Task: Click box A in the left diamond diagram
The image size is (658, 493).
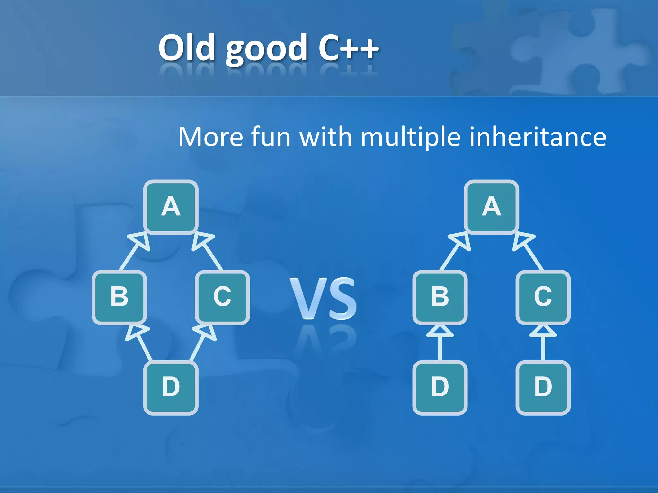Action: click(x=171, y=207)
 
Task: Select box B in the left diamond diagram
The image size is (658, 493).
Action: click(x=119, y=297)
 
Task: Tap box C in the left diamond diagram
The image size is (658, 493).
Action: click(x=222, y=297)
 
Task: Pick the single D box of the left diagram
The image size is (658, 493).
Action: click(x=171, y=387)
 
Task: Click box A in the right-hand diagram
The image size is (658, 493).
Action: click(x=491, y=207)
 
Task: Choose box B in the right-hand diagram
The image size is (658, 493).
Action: click(x=440, y=297)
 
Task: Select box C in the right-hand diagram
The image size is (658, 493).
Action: click(x=543, y=297)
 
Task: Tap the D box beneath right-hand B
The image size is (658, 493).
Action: click(x=440, y=387)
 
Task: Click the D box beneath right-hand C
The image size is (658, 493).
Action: click(x=543, y=387)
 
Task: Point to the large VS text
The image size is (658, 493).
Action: click(x=323, y=298)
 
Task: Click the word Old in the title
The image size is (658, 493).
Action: click(x=187, y=48)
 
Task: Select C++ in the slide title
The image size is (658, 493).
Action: click(x=348, y=48)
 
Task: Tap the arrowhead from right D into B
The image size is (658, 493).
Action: click(x=440, y=332)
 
